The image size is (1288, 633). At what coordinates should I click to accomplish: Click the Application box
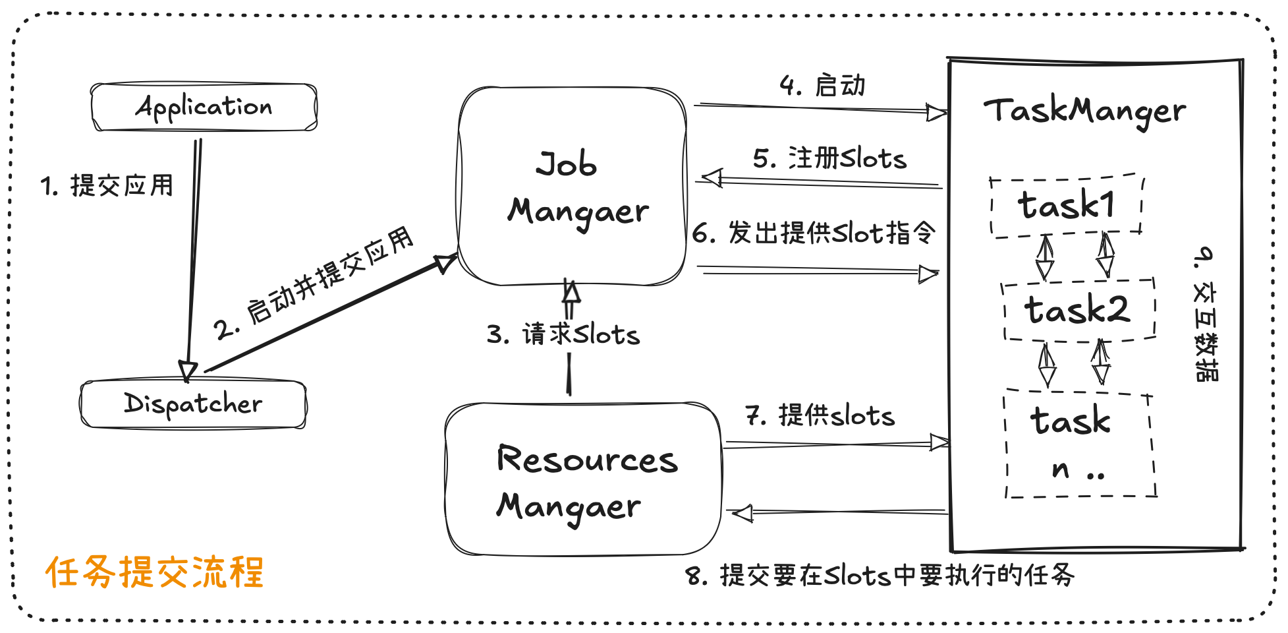pos(204,107)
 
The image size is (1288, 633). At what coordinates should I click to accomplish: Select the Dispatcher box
pos(193,404)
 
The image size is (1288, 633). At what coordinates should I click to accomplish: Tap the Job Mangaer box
pos(572,187)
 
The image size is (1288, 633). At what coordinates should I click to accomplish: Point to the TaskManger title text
pos(1084,111)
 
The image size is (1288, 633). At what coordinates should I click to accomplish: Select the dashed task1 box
pos(1066,205)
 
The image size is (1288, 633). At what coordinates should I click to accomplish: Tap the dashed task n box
pos(1079,444)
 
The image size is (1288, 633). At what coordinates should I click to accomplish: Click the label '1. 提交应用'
pos(107,185)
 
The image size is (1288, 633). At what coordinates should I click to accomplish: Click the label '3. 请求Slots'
pos(563,334)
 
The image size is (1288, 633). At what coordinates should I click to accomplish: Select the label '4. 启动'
pos(822,86)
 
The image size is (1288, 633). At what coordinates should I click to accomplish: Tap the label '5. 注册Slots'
pos(829,158)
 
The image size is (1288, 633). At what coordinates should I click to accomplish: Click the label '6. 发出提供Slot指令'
pos(814,233)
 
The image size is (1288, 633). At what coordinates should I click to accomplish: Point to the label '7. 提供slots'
pos(820,415)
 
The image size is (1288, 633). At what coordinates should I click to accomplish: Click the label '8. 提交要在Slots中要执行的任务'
pos(880,575)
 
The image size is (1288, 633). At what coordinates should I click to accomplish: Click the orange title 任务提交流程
pos(154,572)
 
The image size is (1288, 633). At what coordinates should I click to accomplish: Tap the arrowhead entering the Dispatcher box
pos(188,371)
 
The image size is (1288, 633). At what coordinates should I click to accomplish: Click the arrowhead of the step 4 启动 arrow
pos(936,113)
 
